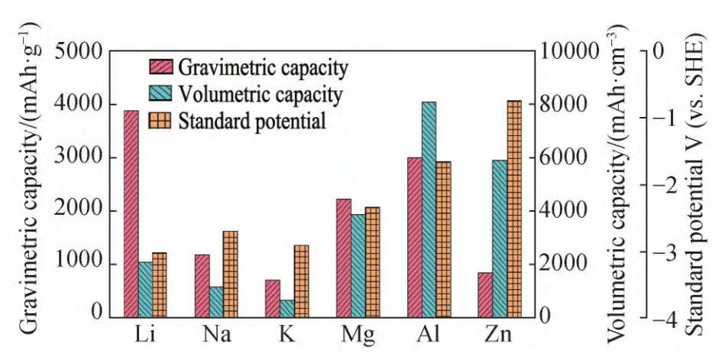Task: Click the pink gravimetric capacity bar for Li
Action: (x=131, y=214)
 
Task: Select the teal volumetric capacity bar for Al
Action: (x=429, y=209)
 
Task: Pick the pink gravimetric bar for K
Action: (x=273, y=298)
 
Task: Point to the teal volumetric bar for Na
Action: (x=216, y=302)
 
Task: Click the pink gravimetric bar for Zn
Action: (x=485, y=294)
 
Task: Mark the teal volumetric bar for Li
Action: (x=145, y=290)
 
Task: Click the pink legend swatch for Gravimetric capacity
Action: (x=162, y=67)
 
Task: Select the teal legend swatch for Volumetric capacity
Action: (x=162, y=95)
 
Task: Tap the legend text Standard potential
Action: (x=253, y=121)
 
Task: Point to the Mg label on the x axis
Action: (x=358, y=335)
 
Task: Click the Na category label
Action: (x=216, y=335)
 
